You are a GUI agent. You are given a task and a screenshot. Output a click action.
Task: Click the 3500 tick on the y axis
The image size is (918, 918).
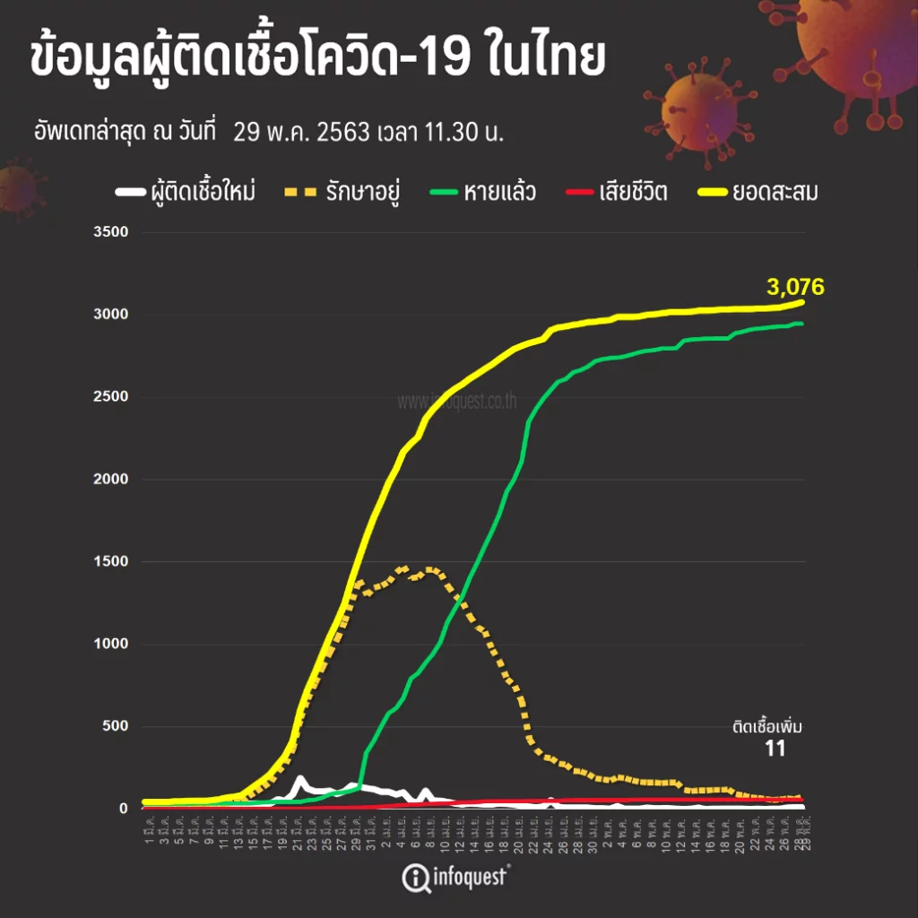click(x=111, y=233)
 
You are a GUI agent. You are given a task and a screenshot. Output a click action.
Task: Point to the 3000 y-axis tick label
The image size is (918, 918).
click(x=111, y=315)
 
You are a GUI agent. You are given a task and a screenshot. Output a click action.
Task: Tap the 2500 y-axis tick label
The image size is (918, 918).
click(x=111, y=397)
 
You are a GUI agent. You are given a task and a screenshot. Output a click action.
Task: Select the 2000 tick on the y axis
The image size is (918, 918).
click(x=111, y=480)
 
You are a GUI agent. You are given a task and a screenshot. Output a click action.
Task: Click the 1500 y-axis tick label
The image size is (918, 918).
click(x=111, y=562)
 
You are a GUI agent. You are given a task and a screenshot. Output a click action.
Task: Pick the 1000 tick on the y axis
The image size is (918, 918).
click(x=111, y=645)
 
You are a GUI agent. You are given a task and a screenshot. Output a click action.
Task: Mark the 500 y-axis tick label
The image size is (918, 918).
click(x=115, y=727)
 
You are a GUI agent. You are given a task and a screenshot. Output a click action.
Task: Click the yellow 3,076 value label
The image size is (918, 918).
click(x=794, y=287)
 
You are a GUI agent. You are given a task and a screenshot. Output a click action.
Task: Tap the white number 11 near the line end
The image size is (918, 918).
click(x=775, y=749)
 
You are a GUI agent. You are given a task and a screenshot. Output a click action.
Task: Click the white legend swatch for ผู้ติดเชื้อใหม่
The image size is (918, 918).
click(x=130, y=192)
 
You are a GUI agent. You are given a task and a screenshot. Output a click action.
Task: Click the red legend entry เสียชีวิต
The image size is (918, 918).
click(x=633, y=192)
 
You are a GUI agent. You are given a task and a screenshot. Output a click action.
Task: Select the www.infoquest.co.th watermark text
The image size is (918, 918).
click(x=456, y=402)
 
